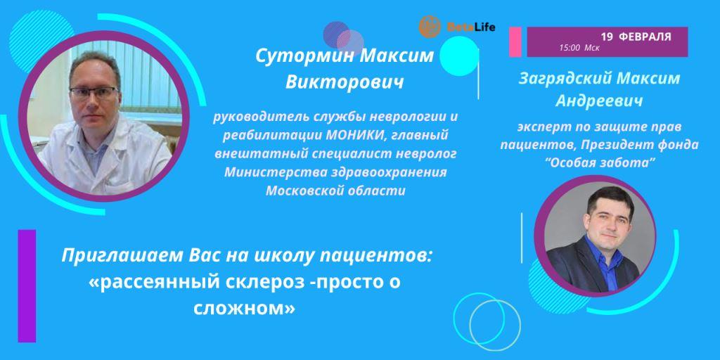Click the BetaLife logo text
click(471, 27)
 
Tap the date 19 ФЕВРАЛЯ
click(636, 37)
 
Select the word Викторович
click(345, 82)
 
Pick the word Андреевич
click(599, 101)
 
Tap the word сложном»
click(244, 308)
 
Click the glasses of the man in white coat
click(94, 94)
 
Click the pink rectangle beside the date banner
click(515, 41)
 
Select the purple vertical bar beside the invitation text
click(27, 285)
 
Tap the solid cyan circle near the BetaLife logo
click(459, 56)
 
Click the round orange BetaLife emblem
click(430, 27)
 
